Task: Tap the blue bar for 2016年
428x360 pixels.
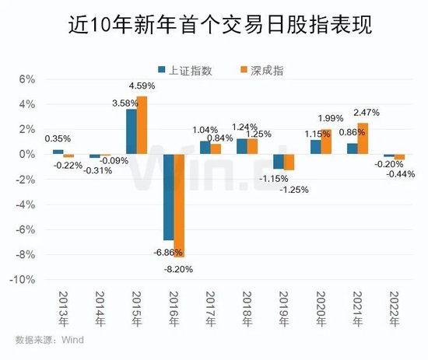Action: pos(167,197)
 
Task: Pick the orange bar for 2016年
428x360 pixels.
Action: pos(178,205)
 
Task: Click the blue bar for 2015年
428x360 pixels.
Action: pos(131,131)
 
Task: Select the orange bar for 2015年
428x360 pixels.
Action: pos(142,125)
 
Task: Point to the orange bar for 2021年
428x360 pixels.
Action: pos(363,138)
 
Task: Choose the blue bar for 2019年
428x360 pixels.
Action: pos(278,161)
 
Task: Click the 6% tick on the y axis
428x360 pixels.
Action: pos(28,79)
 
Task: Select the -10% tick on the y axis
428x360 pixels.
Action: pos(25,279)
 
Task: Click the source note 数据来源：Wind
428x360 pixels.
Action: pos(49,339)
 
